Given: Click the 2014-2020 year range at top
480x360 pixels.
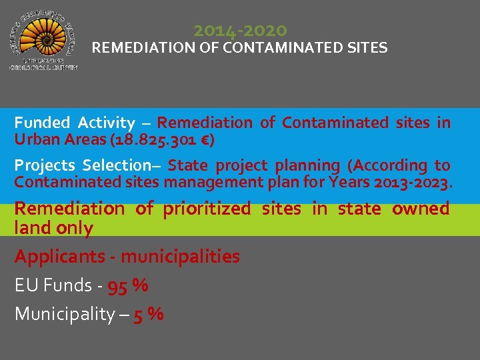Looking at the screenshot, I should (x=240, y=31).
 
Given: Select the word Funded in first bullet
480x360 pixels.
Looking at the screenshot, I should (x=42, y=123).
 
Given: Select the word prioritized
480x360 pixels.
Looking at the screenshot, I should (x=208, y=209).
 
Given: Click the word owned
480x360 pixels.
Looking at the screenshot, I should (x=421, y=209).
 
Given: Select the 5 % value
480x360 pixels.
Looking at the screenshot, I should (x=149, y=314).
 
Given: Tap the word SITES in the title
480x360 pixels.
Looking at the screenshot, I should (x=366, y=48).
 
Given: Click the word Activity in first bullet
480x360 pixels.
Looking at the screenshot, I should (x=106, y=123).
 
